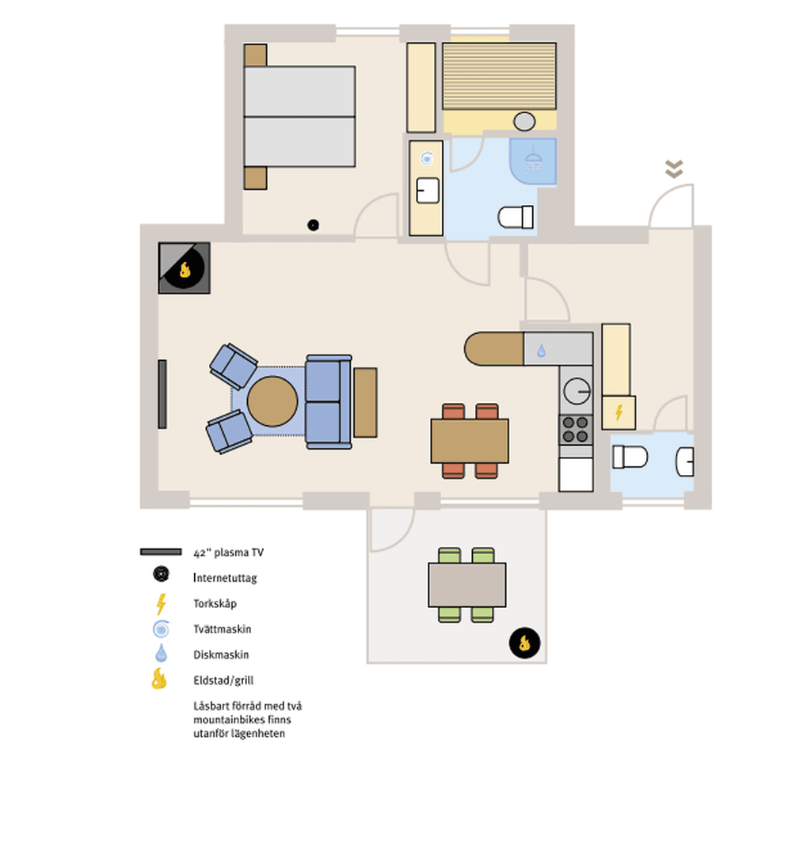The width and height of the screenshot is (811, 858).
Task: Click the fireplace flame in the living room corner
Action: pos(185,269)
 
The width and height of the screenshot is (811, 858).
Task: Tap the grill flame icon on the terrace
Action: pos(524,643)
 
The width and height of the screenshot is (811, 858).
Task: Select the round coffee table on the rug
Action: pos(272,401)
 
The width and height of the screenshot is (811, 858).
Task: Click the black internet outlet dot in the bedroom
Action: pos(313,225)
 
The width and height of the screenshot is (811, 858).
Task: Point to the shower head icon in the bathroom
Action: pos(533,160)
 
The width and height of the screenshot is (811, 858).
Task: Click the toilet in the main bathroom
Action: pos(516,217)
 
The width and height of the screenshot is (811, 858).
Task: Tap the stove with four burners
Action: pos(576,430)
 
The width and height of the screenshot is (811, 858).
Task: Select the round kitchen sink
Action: pos(577,391)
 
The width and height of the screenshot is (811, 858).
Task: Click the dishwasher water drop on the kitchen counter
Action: pos(541,351)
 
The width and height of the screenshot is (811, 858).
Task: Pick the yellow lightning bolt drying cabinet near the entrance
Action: pos(619,412)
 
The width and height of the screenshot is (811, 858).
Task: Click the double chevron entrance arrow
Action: pos(674,169)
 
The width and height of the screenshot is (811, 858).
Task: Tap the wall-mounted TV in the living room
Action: pos(162,394)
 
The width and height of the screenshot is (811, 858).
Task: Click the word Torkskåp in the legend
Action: pos(215,604)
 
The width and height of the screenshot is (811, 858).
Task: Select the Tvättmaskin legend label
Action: pos(223,629)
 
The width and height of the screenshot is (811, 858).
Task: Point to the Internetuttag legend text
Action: pos(225,578)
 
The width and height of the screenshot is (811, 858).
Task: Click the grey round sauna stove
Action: pos(524,121)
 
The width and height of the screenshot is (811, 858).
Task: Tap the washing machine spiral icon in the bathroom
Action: pos(427,158)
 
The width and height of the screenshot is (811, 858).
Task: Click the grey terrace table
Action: pos(467,585)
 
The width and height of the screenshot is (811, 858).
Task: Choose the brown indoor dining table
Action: pos(470,441)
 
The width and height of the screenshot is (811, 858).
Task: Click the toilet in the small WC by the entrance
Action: pos(630,457)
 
